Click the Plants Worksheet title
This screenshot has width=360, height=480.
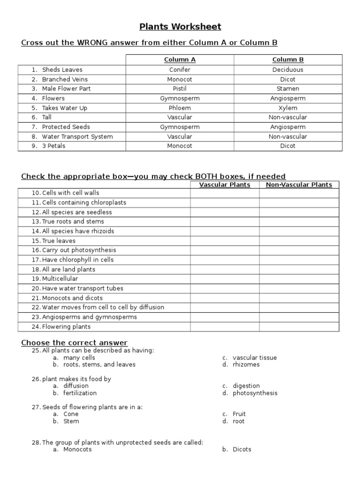tap(180, 27)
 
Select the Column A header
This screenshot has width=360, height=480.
tap(180, 60)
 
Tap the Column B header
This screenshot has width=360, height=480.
tap(288, 60)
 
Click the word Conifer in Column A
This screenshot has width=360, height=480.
tap(180, 69)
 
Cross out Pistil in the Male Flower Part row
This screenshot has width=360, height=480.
tap(180, 89)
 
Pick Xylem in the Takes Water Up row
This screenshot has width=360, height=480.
tap(288, 108)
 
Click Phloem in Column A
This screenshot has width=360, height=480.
tap(180, 108)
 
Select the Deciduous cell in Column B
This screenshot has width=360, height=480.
tap(288, 69)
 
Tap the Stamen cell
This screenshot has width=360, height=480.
tap(288, 89)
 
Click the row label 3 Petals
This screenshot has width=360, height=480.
tap(53, 146)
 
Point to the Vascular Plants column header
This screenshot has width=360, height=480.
tap(225, 185)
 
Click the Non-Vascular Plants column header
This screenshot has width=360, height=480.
tap(299, 185)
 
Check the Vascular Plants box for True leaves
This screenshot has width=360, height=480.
tap(225, 241)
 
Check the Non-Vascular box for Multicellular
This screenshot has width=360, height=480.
tap(299, 279)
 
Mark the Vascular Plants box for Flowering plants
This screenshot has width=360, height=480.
tap(225, 327)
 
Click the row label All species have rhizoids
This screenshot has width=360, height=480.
tap(78, 231)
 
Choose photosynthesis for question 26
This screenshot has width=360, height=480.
tap(255, 393)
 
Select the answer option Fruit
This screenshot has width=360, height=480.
tap(239, 414)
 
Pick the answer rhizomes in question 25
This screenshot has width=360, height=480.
tap(246, 365)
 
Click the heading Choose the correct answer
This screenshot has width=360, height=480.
tap(74, 343)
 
